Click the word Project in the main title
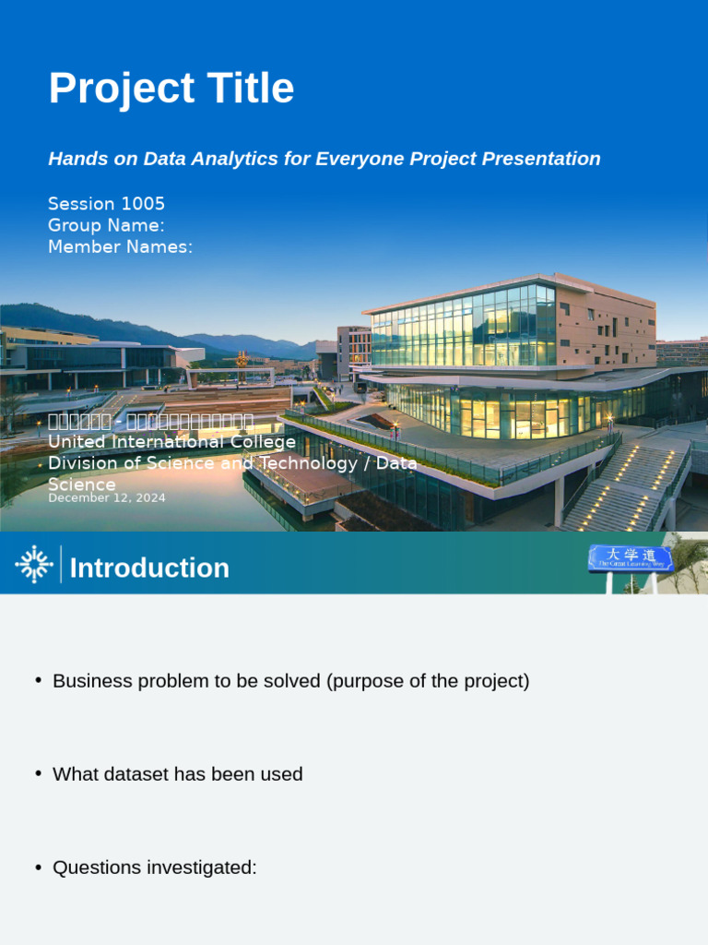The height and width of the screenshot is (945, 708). pyautogui.click(x=120, y=90)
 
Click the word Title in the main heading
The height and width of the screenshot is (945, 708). pyautogui.click(x=249, y=90)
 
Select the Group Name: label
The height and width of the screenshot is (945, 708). pyautogui.click(x=106, y=225)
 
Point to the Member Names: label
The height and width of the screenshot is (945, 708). pyautogui.click(x=120, y=246)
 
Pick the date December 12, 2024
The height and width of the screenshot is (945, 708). pyautogui.click(x=107, y=498)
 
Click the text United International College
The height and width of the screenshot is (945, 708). pyautogui.click(x=171, y=443)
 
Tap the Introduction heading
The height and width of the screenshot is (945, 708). pyautogui.click(x=149, y=568)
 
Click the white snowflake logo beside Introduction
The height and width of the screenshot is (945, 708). pyautogui.click(x=34, y=564)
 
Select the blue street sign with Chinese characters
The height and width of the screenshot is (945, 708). pyautogui.click(x=631, y=556)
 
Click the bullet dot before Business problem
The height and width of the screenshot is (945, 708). pyautogui.click(x=39, y=680)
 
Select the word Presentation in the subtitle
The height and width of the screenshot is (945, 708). pyautogui.click(x=544, y=159)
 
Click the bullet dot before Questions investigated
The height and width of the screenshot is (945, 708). pyautogui.click(x=39, y=867)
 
